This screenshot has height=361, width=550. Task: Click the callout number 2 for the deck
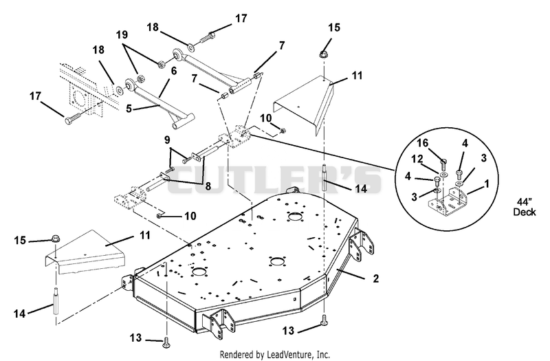(x=375, y=278)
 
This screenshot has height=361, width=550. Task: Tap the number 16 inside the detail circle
(x=422, y=143)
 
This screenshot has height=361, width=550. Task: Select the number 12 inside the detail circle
(x=417, y=159)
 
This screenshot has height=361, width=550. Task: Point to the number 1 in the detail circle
(x=486, y=184)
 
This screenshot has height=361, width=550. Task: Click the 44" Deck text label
(x=525, y=207)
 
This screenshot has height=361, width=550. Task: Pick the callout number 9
(x=167, y=140)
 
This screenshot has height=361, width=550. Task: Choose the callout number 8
(x=208, y=186)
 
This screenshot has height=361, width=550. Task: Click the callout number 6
(x=174, y=71)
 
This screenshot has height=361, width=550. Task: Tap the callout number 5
(x=129, y=109)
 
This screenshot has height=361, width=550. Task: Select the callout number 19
(x=122, y=35)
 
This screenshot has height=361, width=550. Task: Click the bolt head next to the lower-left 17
(x=69, y=121)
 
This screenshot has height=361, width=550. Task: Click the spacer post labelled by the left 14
(x=56, y=301)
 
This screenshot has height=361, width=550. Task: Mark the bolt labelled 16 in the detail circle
(x=443, y=163)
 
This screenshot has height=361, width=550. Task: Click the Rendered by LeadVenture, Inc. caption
(x=274, y=355)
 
